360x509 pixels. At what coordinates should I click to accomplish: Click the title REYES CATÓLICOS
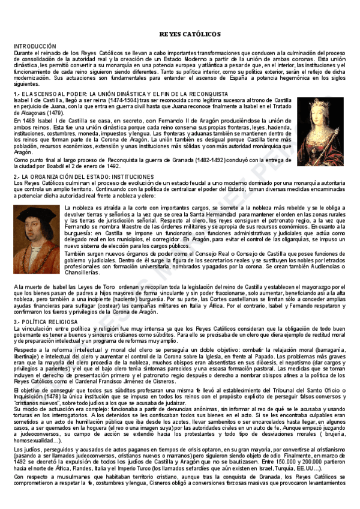pyautogui.click(x=190, y=34)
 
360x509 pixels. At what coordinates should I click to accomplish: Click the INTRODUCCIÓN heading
pyautogui.click(x=34, y=46)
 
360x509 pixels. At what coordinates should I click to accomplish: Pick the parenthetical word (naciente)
pyautogui.click(x=128, y=300)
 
